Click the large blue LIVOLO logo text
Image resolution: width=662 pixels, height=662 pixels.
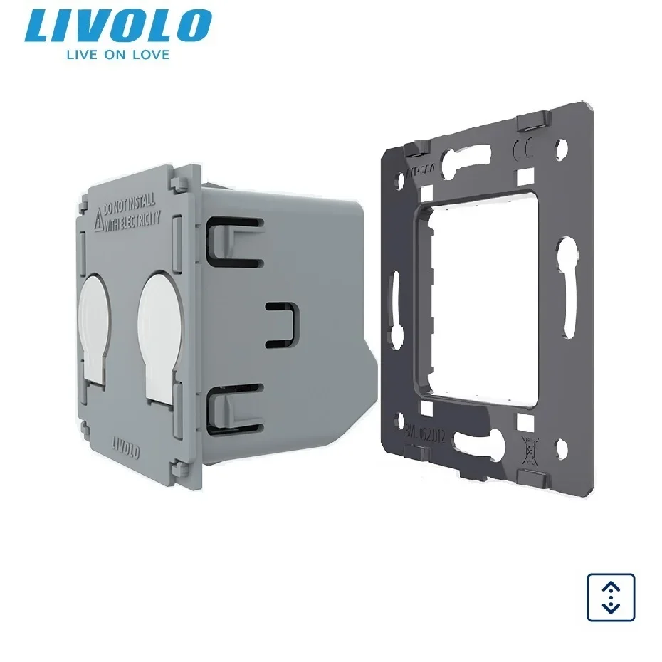[x=117, y=26]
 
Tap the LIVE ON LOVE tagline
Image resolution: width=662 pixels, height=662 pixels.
[x=117, y=55]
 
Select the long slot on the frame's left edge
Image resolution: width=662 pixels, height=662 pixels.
[x=394, y=299]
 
